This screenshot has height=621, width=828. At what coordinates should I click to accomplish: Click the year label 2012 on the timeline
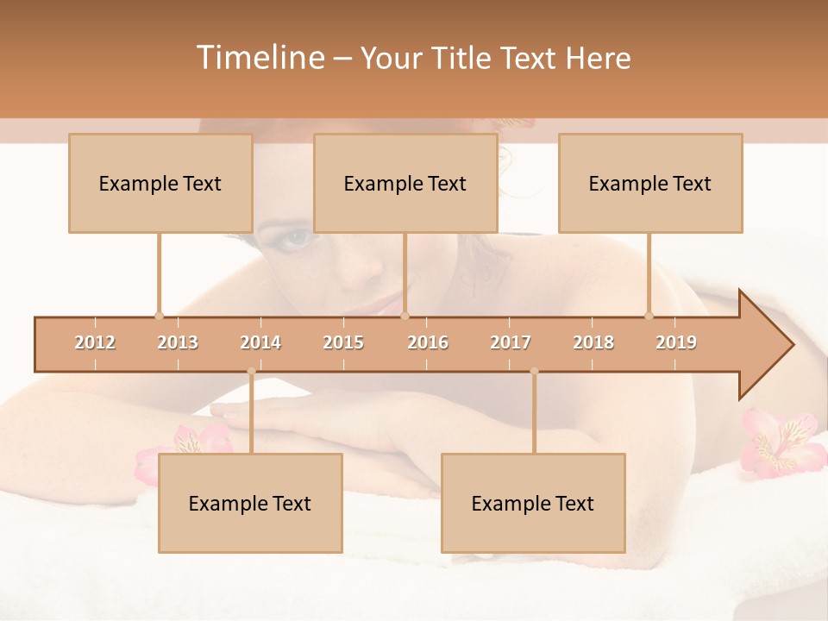pos(95,342)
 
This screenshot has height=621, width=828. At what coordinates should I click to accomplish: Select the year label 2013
pos(178,342)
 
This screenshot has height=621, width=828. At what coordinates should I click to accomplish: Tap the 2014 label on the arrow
pos(260,342)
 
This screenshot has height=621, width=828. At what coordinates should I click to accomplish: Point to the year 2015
pos(343,342)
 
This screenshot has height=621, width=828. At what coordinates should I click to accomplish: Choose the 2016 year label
pos(428,342)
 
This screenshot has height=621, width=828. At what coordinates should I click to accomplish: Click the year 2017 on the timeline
pos(511,342)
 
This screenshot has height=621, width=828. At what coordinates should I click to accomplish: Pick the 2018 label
pos(593,342)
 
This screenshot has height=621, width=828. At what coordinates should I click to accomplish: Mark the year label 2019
pos(676,342)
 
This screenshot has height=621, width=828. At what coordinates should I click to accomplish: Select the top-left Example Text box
pos(160,183)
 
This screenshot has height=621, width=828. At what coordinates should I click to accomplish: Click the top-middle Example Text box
pos(405,183)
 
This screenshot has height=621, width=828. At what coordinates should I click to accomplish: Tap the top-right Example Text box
pos(650,183)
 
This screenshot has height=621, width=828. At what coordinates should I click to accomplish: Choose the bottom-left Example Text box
pos(250,503)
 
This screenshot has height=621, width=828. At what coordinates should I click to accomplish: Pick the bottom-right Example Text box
pos(533,503)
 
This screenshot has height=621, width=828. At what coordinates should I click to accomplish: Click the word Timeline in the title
pos(258,58)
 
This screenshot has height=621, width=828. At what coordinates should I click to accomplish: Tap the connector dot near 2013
pos(159,316)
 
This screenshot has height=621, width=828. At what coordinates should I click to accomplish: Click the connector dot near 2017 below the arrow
pos(534,371)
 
